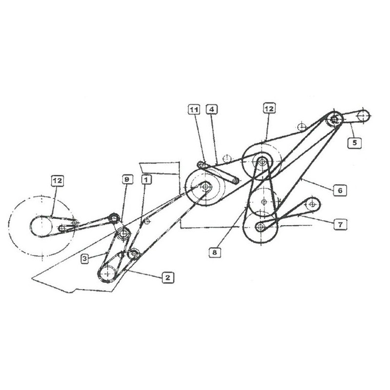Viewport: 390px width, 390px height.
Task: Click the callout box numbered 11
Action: click(x=194, y=109)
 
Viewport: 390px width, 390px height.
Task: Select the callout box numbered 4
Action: click(x=212, y=109)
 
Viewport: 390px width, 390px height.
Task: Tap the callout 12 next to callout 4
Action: click(x=269, y=109)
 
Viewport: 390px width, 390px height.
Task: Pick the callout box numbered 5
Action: click(x=354, y=143)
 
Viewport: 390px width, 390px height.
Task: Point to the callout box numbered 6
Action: click(x=340, y=191)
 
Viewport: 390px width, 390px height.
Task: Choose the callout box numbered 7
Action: click(x=340, y=225)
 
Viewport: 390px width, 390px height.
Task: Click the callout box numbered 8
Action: click(x=214, y=253)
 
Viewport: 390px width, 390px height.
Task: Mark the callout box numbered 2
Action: click(x=168, y=277)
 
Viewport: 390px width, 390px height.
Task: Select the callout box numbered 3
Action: click(x=85, y=258)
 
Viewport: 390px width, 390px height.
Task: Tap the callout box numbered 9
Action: click(x=127, y=179)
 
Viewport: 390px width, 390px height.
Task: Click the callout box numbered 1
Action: click(x=146, y=179)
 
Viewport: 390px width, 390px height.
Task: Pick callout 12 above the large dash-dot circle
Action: click(x=57, y=180)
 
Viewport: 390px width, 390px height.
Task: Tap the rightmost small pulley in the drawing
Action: click(x=363, y=116)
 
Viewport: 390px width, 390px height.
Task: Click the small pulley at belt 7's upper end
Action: click(x=312, y=204)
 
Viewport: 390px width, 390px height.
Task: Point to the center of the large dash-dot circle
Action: click(x=42, y=226)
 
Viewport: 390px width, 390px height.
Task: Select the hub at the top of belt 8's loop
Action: click(x=261, y=162)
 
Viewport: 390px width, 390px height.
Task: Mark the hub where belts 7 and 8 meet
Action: click(x=260, y=226)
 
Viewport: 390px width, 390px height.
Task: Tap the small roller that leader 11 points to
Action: click(x=200, y=164)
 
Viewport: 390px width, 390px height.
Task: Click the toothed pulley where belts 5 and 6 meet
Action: click(x=334, y=119)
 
